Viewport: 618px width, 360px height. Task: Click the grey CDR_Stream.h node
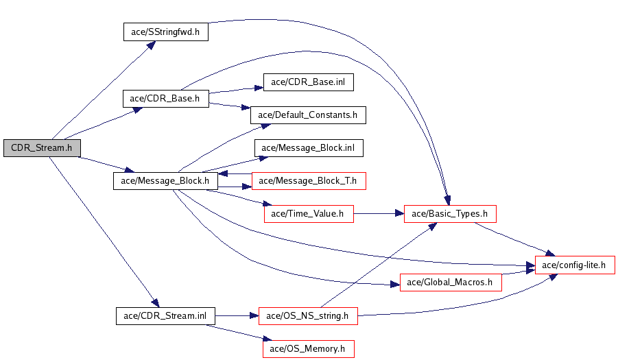(x=42, y=147)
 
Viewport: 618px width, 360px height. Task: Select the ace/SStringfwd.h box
(x=165, y=32)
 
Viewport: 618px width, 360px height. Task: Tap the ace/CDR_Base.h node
(x=165, y=98)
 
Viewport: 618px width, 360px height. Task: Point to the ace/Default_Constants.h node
(x=308, y=115)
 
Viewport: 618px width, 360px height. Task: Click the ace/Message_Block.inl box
(x=309, y=148)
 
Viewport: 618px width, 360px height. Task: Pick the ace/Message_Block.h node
(x=165, y=181)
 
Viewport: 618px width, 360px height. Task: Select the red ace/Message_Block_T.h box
(x=309, y=181)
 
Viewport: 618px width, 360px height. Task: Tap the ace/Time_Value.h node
(x=309, y=214)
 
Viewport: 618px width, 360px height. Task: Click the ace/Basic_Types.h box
(x=449, y=214)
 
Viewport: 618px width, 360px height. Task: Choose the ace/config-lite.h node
(x=575, y=265)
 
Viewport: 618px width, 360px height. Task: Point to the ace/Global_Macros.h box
(x=451, y=282)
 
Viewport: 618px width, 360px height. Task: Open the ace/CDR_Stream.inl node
(x=165, y=315)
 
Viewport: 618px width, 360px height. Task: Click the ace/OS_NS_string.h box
(x=308, y=315)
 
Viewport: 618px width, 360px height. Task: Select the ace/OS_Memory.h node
(x=308, y=348)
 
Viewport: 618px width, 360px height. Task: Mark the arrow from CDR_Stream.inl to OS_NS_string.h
(x=236, y=315)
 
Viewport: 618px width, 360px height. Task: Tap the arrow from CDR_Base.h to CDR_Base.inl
(x=236, y=90)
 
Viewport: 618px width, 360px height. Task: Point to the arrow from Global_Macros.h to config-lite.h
(x=519, y=274)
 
